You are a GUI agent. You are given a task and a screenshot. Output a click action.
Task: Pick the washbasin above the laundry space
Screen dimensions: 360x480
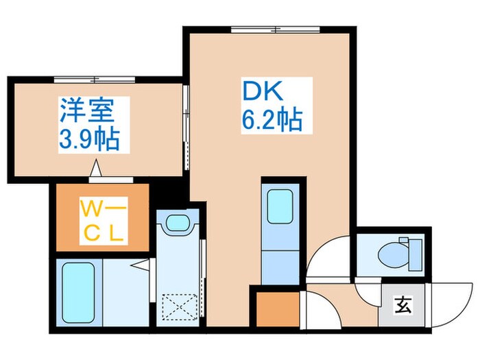pos(177,224)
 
